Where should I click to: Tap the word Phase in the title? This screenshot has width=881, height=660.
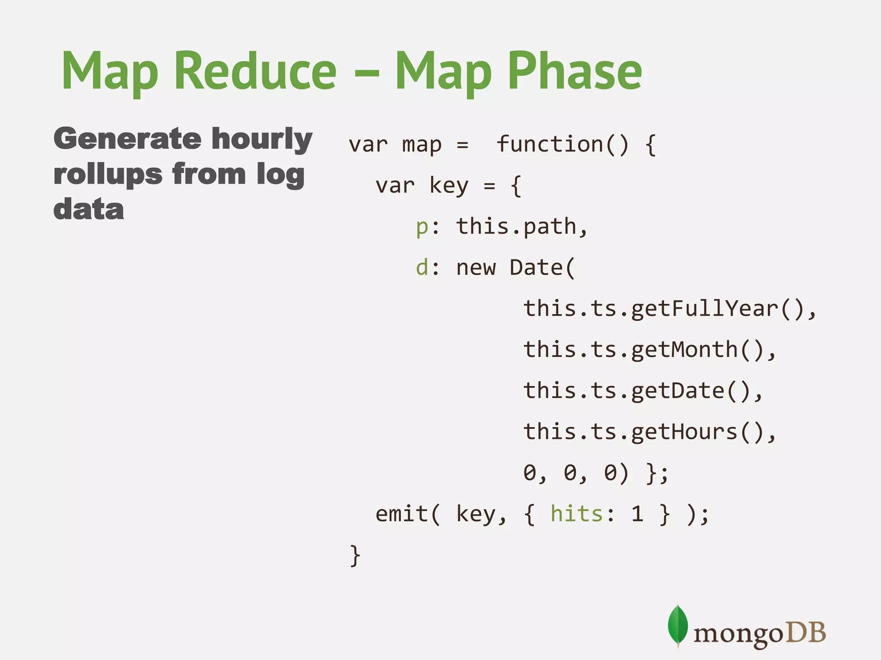pyautogui.click(x=575, y=71)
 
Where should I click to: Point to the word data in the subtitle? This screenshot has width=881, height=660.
pyautogui.click(x=89, y=209)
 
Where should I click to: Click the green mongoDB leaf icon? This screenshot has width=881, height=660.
pyautogui.click(x=678, y=625)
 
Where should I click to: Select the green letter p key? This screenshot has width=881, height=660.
pyautogui.click(x=422, y=227)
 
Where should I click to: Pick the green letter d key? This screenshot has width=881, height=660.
pyautogui.click(x=422, y=267)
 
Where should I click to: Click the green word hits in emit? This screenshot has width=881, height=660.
pyautogui.click(x=577, y=514)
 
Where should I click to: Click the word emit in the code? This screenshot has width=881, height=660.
pyautogui.click(x=402, y=514)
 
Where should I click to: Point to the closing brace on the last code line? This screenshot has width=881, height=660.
pyautogui.click(x=355, y=556)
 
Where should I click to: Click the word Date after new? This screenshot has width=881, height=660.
pyautogui.click(x=536, y=267)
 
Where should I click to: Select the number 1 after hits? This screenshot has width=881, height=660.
pyautogui.click(x=637, y=514)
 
